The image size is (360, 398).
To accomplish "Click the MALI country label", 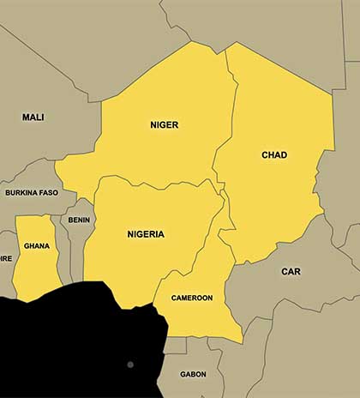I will click(33, 117).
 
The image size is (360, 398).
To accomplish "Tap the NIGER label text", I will click(164, 125).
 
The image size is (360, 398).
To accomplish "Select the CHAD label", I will click(274, 155).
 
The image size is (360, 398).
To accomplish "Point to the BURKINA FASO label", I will click(32, 193).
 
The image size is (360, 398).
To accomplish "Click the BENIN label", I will click(79, 220).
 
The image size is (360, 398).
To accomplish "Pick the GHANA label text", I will click(37, 245).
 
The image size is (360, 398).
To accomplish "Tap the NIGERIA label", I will click(146, 234).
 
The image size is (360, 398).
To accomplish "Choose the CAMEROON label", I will click(192, 298).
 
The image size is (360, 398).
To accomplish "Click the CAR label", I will click(291, 271).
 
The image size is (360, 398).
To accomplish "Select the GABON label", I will click(193, 374).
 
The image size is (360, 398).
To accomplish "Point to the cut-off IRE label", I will click(6, 257).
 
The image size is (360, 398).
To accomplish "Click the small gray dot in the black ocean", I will click(130, 365).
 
